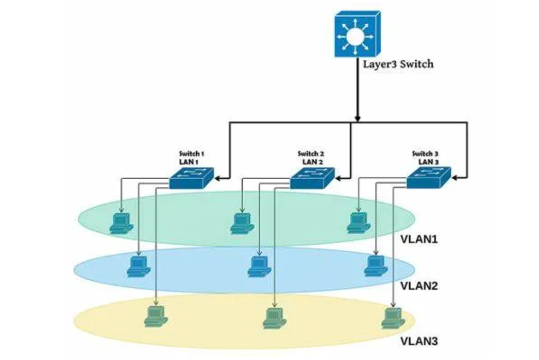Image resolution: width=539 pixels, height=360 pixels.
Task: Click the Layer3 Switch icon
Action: coord(357,36)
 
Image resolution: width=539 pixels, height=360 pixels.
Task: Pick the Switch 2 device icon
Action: coord(312,179)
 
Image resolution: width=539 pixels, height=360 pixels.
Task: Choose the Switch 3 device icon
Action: coord(428,179)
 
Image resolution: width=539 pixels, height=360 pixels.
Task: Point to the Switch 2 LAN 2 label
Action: coord(311,157)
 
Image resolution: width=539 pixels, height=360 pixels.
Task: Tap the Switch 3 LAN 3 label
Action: coord(426,157)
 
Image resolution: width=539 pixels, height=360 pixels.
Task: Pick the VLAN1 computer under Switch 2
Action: coord(240,222)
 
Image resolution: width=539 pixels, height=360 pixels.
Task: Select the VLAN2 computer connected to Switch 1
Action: coord(139,266)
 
